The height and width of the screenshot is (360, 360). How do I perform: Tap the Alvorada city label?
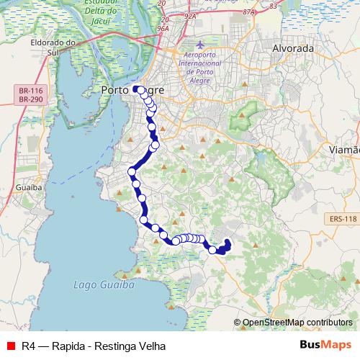(293, 48)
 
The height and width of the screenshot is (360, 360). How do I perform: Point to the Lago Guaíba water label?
(104, 285)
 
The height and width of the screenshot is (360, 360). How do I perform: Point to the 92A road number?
(191, 14)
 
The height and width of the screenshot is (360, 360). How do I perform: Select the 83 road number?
(273, 6)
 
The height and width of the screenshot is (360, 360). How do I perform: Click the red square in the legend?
(12, 346)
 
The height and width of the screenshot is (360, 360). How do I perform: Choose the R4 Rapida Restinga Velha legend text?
(88, 346)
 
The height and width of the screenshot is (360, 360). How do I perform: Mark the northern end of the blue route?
(135, 89)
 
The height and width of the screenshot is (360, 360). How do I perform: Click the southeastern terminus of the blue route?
(228, 243)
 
